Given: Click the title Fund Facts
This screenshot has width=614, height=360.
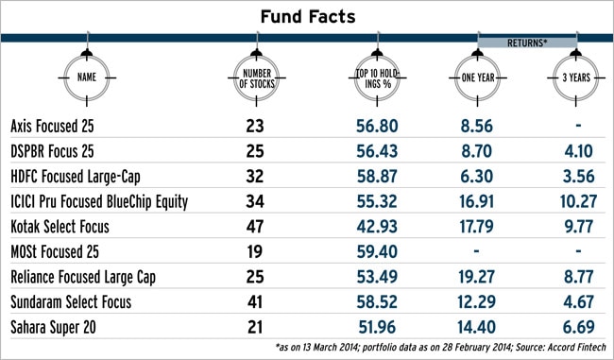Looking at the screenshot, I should (306, 17).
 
